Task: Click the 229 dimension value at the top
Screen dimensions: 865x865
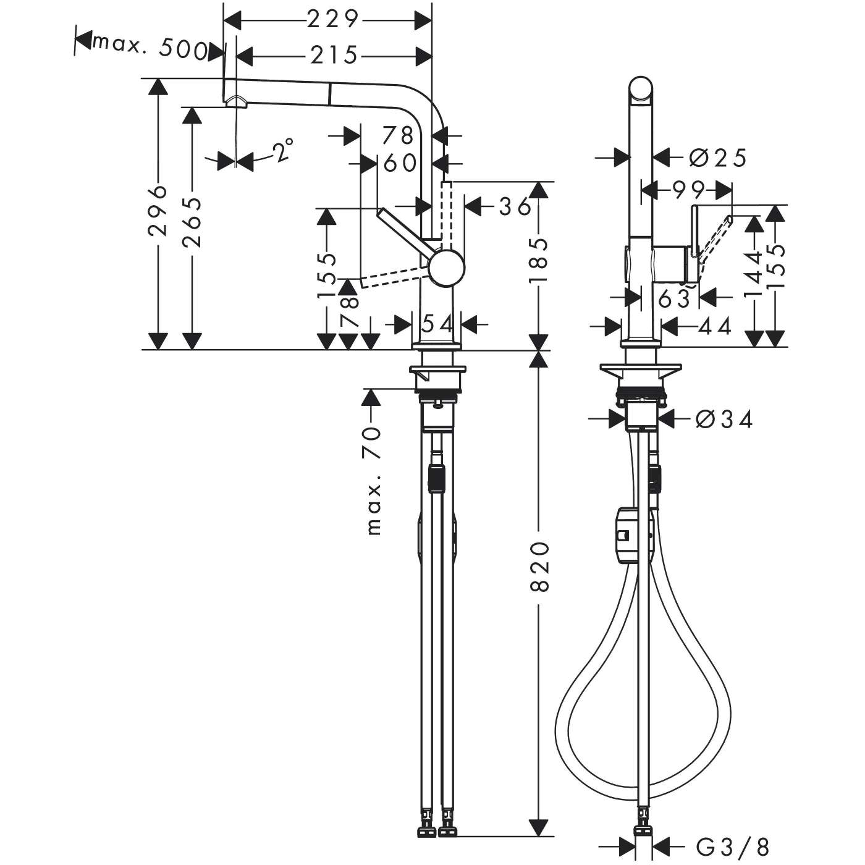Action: pos(332,20)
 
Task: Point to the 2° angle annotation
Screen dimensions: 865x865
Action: pos(282,150)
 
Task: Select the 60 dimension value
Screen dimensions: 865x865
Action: pos(399,163)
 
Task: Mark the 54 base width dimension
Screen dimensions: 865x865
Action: pos(437,323)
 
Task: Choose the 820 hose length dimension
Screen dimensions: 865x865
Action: pos(539,566)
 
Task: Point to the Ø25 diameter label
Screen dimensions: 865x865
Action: pos(718,158)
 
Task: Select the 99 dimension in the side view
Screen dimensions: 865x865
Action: pos(681,190)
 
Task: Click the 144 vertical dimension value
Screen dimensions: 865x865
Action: pos(753,274)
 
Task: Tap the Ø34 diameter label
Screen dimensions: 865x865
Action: pos(724,420)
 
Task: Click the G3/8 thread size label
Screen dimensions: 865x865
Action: pos(732,845)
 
